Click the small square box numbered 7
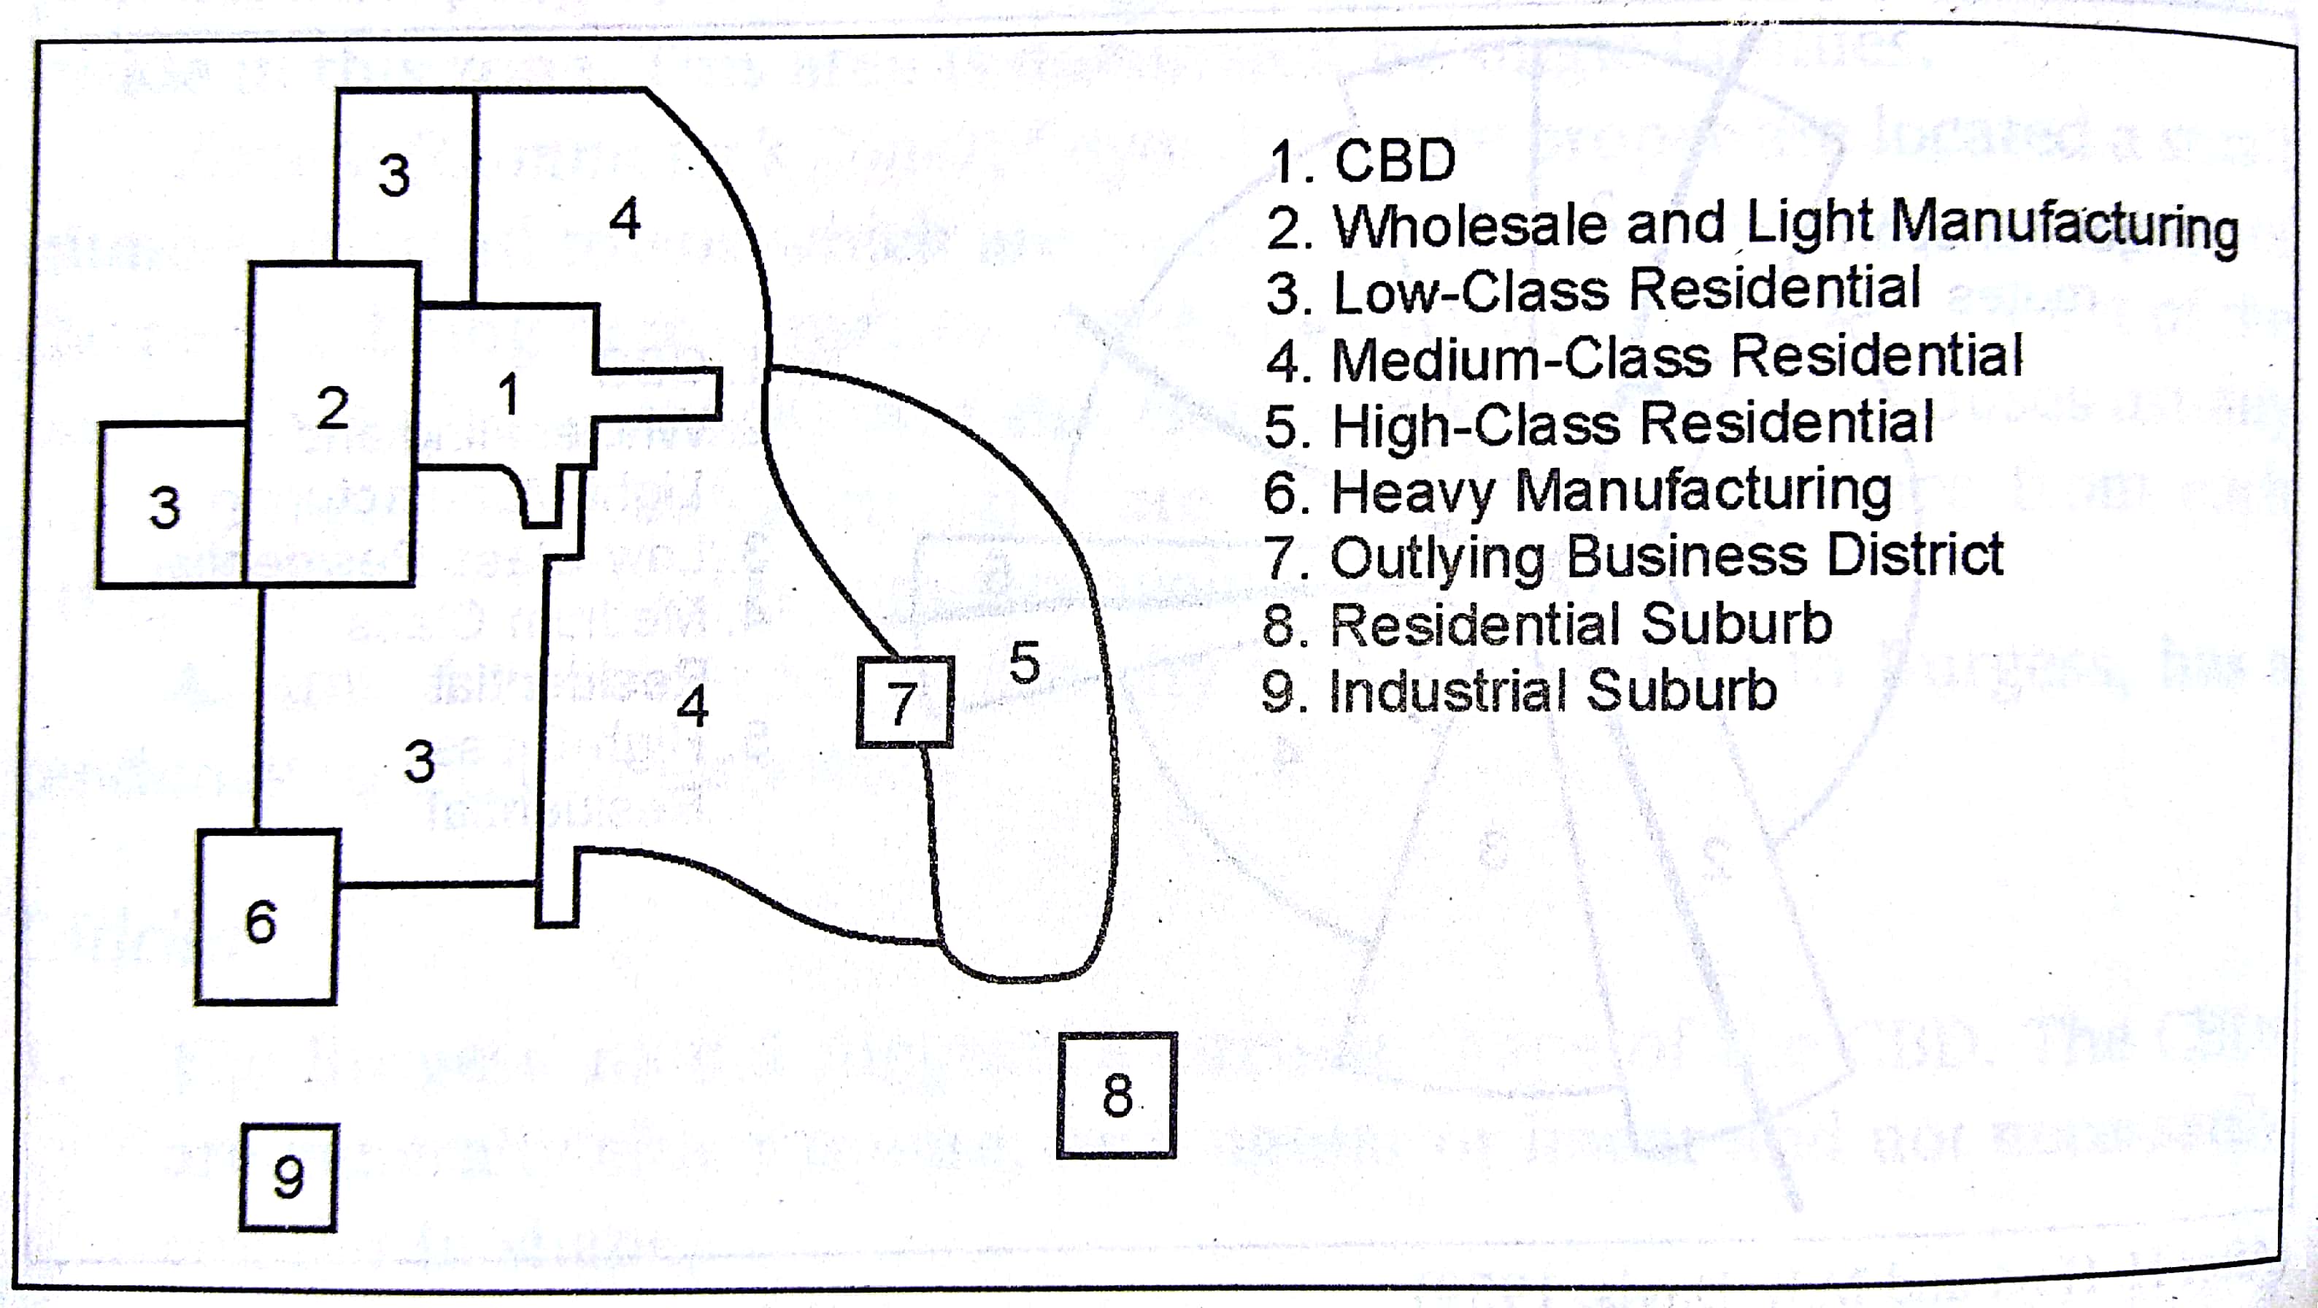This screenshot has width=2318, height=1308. (904, 702)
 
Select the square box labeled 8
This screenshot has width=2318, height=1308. (1117, 1095)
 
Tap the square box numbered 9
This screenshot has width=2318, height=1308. (288, 1177)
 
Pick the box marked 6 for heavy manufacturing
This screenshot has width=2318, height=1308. (266, 917)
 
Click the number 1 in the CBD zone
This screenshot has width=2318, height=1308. (509, 394)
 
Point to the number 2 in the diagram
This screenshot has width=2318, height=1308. (332, 408)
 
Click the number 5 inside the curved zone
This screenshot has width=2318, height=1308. (1024, 663)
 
